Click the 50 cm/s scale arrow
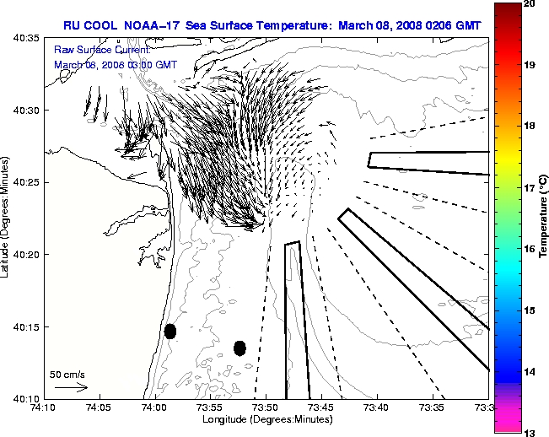(71, 387)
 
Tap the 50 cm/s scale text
(67, 374)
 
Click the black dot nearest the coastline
(170, 331)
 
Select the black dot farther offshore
(240, 348)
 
